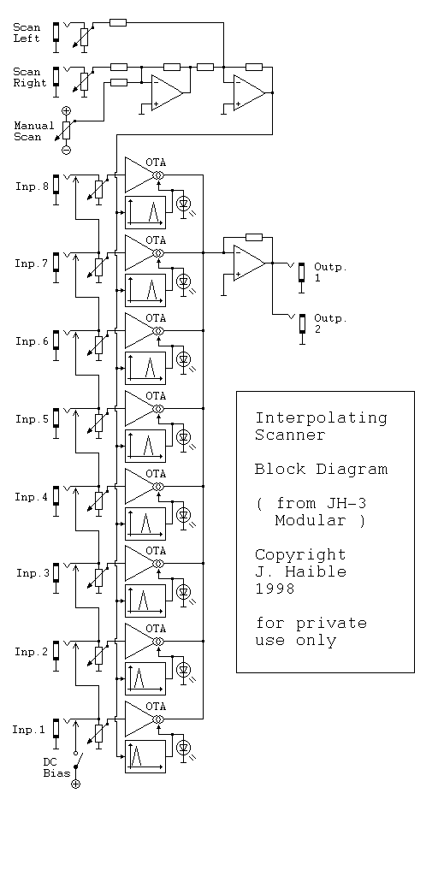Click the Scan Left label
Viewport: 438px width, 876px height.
(27, 33)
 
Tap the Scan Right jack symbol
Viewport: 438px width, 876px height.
(56, 78)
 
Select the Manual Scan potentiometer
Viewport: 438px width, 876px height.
(66, 130)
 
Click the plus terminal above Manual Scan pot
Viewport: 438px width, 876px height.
(66, 110)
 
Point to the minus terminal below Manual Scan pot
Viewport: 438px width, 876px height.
(66, 150)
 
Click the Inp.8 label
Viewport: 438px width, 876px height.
(33, 186)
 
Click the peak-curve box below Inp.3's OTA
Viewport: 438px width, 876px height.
(145, 601)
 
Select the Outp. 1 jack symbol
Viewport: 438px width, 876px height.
(302, 274)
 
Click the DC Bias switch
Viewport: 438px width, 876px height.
(78, 761)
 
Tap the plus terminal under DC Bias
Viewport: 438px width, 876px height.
(76, 784)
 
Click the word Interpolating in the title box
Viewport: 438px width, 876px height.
(322, 417)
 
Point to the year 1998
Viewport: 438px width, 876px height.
(275, 589)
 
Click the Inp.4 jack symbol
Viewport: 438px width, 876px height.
(56, 496)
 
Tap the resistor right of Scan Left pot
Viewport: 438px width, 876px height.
(118, 22)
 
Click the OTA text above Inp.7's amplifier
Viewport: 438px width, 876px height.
(156, 240)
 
